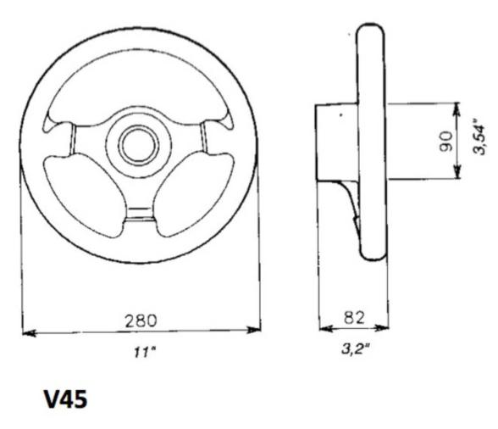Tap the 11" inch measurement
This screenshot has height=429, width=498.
click(x=137, y=350)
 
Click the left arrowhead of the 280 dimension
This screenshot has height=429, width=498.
click(x=25, y=332)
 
